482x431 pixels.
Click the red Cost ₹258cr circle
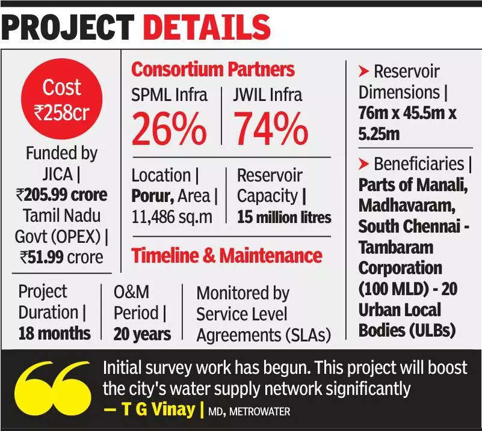[63, 99]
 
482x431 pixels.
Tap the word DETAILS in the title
[206, 28]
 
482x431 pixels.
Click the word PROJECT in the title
[68, 28]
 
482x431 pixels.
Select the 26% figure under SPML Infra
[169, 129]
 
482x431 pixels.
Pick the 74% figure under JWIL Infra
[270, 129]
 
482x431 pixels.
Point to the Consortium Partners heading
[213, 70]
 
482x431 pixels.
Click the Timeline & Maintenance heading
[227, 255]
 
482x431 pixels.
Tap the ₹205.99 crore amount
[62, 195]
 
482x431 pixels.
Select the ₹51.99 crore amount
[62, 257]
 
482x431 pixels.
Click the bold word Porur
[152, 196]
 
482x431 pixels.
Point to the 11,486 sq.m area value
[171, 216]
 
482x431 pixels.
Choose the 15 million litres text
[284, 216]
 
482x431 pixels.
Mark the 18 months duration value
[54, 333]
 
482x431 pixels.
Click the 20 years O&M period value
[142, 334]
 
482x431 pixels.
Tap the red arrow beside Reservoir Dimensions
[363, 72]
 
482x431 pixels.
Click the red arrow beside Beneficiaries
[363, 164]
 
